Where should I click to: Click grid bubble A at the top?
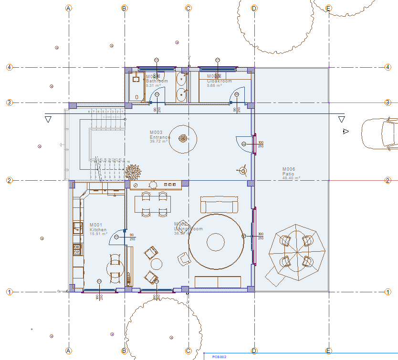coord(69,8)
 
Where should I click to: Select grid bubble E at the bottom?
coord(328,351)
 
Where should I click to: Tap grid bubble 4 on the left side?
coord(9,67)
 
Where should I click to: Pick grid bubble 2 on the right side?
coord(388,180)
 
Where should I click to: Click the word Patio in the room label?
coord(289,174)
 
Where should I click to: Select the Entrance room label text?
coord(160,137)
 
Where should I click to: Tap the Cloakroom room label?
coord(219,81)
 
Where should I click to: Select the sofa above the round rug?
coord(219,205)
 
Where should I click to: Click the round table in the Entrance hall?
coord(183,139)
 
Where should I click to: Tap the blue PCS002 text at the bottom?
coord(219,356)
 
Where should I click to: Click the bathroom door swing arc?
coord(157,97)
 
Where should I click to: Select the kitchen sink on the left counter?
coord(76,227)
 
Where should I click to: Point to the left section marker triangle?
coord(48,119)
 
